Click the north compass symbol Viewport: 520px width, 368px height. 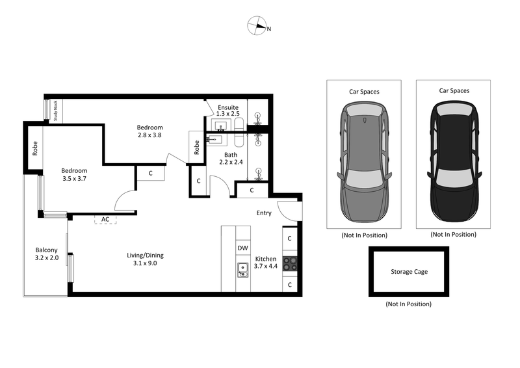tap(257, 27)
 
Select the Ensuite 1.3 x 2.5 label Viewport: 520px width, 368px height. tap(227, 111)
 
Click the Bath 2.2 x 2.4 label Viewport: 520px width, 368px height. tap(231, 159)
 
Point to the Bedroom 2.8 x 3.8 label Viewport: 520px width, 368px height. tap(149, 131)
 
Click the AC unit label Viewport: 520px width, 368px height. tap(105, 219)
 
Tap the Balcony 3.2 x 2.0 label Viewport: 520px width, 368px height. tap(47, 254)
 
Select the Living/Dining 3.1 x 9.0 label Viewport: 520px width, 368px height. tap(142, 259)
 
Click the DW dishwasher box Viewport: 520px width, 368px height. tap(242, 248)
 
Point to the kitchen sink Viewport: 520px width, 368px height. tap(242, 269)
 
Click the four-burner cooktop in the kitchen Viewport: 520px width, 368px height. tap(290, 265)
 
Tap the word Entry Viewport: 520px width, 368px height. tap(264, 213)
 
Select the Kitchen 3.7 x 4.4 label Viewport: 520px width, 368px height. tap(265, 262)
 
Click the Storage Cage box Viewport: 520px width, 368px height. tap(409, 272)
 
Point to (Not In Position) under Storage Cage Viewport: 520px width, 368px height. tap(408, 304)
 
